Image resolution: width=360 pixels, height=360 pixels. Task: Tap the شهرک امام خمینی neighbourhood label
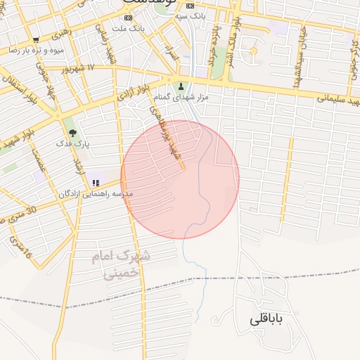pos(120,264)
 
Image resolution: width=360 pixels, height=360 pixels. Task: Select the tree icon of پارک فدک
pos(72,132)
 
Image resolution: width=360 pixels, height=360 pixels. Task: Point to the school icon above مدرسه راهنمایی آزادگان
pos(96,184)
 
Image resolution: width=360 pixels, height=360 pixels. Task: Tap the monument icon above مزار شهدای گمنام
pos(181,87)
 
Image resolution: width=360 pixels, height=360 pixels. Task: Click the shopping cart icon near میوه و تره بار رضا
pos(35,39)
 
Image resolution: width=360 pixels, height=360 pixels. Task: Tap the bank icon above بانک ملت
pos(127,18)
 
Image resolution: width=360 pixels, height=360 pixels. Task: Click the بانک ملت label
pos(131,28)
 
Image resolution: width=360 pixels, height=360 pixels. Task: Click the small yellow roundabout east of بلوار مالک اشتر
pos(253,51)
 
